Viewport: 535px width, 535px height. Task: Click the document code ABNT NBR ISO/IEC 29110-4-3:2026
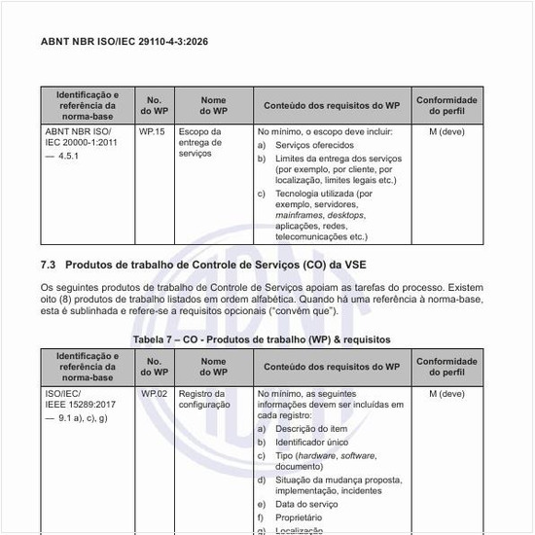[124, 43]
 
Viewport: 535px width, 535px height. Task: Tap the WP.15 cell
[152, 130]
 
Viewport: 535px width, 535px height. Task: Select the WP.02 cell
[154, 394]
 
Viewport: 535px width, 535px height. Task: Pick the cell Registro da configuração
[204, 400]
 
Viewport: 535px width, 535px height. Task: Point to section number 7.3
[49, 265]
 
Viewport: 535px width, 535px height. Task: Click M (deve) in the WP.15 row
[446, 130]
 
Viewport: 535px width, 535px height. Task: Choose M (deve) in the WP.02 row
[446, 394]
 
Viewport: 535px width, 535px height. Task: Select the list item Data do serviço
[306, 505]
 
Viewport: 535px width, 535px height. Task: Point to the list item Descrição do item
[310, 429]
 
